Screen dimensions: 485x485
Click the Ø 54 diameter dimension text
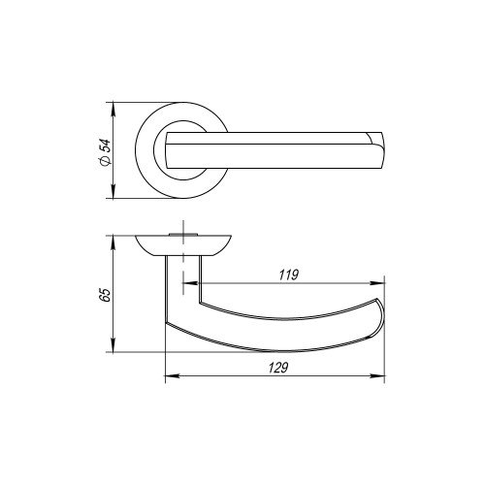(x=106, y=151)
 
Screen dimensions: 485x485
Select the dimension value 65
(x=106, y=294)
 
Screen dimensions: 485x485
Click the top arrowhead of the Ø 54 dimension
(x=114, y=106)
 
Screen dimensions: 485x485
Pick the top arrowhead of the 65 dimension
(x=114, y=239)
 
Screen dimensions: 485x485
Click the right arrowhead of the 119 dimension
(x=379, y=283)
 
